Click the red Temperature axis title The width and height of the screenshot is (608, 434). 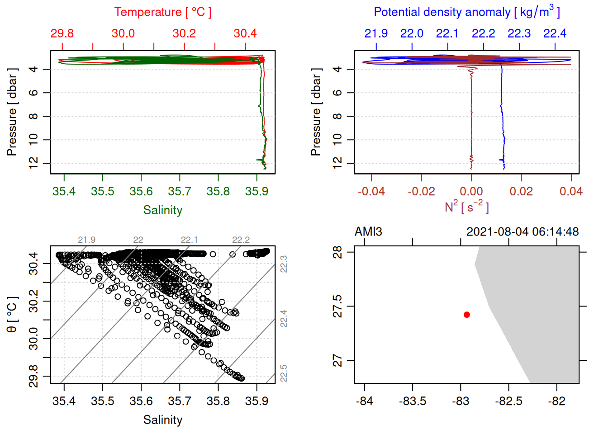click(x=162, y=12)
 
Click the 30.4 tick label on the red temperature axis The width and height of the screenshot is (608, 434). click(x=245, y=33)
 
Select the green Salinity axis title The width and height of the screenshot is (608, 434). click(x=162, y=210)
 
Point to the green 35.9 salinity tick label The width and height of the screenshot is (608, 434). click(x=256, y=192)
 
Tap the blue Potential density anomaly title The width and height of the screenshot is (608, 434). click(x=466, y=12)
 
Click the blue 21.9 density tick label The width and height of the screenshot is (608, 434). click(x=376, y=33)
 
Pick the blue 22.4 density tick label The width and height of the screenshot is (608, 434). click(x=555, y=33)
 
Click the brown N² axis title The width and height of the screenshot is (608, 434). click(x=466, y=207)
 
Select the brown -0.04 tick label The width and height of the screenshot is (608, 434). click(x=371, y=192)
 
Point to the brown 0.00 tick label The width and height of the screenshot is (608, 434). click(x=471, y=192)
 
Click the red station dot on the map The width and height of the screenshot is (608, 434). click(x=467, y=315)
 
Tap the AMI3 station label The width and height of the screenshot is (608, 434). click(x=368, y=232)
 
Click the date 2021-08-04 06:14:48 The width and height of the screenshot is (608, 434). click(x=522, y=232)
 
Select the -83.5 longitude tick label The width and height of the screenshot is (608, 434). click(x=412, y=401)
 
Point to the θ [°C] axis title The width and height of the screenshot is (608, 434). click(x=12, y=315)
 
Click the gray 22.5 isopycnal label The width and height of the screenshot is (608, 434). click(x=284, y=373)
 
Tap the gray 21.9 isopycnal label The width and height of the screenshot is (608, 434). click(x=86, y=240)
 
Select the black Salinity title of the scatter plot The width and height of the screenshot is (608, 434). click(x=162, y=420)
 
